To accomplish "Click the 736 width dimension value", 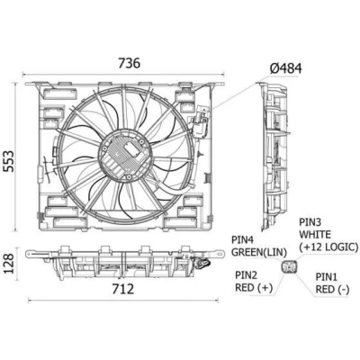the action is coord(129,63).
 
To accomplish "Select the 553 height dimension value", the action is coord(9,161).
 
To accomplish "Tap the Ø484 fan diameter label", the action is coord(285,68).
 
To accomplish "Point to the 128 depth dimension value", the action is coord(9,264).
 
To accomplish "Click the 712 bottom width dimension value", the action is coord(123,289).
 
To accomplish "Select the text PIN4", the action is coord(243,239).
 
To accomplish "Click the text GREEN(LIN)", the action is coord(259,252).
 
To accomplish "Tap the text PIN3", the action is coord(310,222).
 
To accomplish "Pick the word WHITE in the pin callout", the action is coord(315,234).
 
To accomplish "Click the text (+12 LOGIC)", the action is coord(328,247).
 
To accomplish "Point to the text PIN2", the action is coord(247,274).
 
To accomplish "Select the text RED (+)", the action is coord(254,288).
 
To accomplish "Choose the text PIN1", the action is coord(327,277).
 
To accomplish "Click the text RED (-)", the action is coord(332,290).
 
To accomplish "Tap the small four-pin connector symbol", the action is coord(289,266).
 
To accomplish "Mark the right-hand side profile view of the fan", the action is coord(273,157).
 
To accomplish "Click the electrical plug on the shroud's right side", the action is coord(200,124).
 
